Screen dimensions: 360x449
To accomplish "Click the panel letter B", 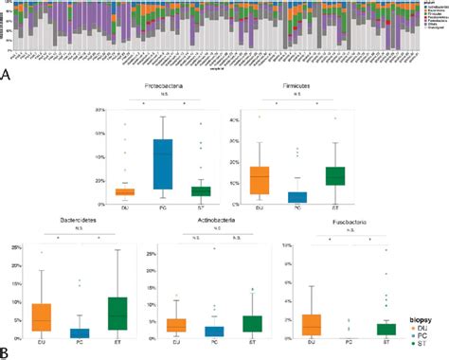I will [x=7, y=352].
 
